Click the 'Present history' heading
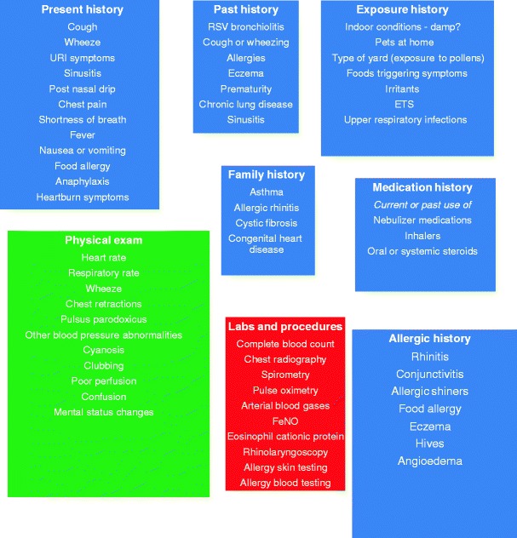(x=82, y=10)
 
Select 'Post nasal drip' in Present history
(x=82, y=89)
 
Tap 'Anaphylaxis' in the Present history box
(x=82, y=181)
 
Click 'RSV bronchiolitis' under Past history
(x=245, y=26)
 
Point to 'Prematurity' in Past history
(x=245, y=89)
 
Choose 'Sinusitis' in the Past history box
(x=245, y=119)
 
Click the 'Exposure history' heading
(x=402, y=10)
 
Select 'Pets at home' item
(x=405, y=42)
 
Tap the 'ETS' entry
(x=405, y=104)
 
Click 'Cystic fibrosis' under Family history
(x=266, y=223)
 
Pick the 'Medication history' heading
(x=422, y=187)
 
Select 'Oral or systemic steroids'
(x=422, y=251)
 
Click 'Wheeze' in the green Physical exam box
(x=103, y=289)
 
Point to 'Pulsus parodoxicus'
(x=103, y=319)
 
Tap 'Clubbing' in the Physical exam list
(x=103, y=366)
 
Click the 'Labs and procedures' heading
(x=285, y=326)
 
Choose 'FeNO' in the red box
(x=285, y=421)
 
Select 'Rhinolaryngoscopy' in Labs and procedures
(x=285, y=452)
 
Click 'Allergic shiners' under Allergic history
(x=429, y=391)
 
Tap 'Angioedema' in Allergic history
(x=429, y=461)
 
